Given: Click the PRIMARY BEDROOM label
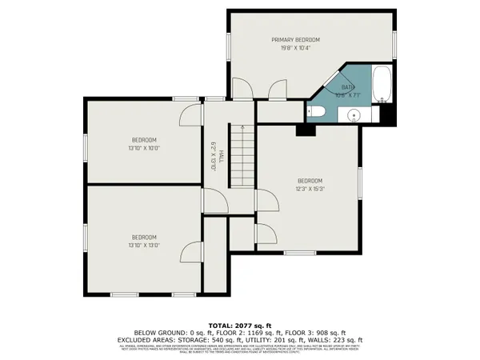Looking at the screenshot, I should (295, 40).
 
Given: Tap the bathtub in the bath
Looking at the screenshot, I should (383, 87).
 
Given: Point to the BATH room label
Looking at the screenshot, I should (348, 87).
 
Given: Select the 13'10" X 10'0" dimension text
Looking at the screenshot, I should (144, 148).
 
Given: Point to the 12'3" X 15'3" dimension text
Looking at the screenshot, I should (310, 189).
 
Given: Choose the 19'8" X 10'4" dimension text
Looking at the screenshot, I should (295, 49).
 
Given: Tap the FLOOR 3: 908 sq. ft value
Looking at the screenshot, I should (318, 332).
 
